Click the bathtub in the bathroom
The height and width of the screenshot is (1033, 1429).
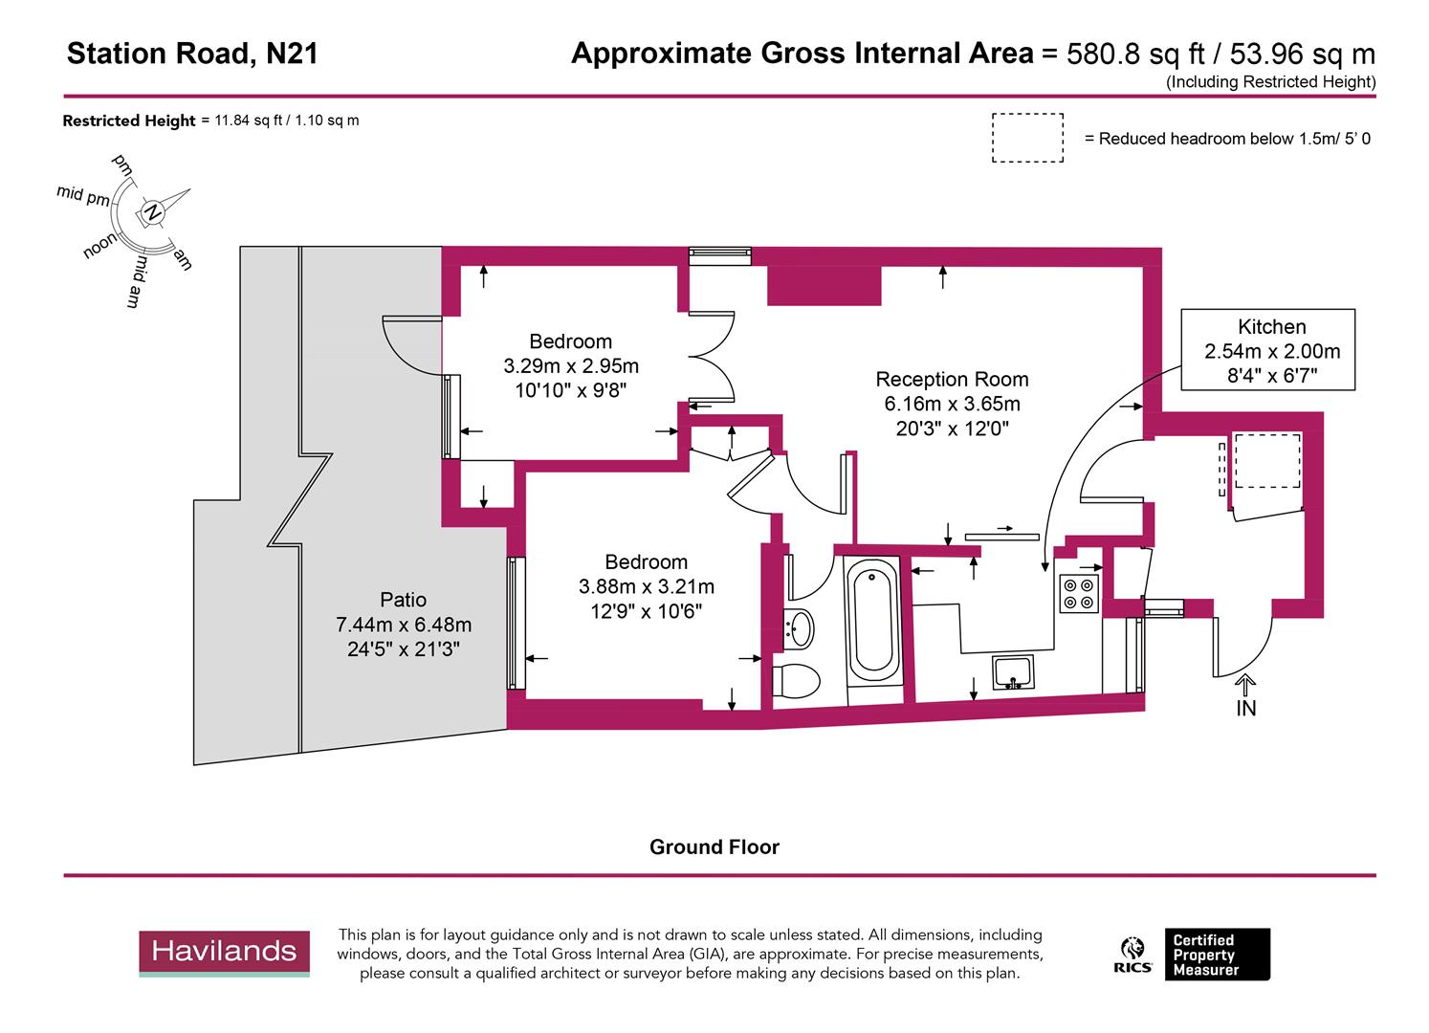click(871, 622)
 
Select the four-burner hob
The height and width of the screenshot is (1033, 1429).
click(1079, 593)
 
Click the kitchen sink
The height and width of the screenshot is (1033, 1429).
click(1012, 671)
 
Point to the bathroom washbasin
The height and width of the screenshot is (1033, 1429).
click(799, 628)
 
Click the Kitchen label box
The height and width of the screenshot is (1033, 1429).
click(1267, 350)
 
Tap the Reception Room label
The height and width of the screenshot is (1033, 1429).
click(952, 404)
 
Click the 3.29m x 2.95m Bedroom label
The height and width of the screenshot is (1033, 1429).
click(570, 364)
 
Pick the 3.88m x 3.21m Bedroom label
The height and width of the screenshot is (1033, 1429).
click(646, 585)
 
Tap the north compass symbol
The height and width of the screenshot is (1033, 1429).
click(151, 212)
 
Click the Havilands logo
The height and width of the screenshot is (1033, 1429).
click(224, 952)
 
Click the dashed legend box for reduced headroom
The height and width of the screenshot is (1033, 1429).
click(1027, 138)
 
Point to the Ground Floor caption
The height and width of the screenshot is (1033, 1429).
click(714, 847)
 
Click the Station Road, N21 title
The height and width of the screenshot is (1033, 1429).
click(192, 54)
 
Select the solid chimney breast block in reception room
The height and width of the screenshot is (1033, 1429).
click(823, 285)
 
